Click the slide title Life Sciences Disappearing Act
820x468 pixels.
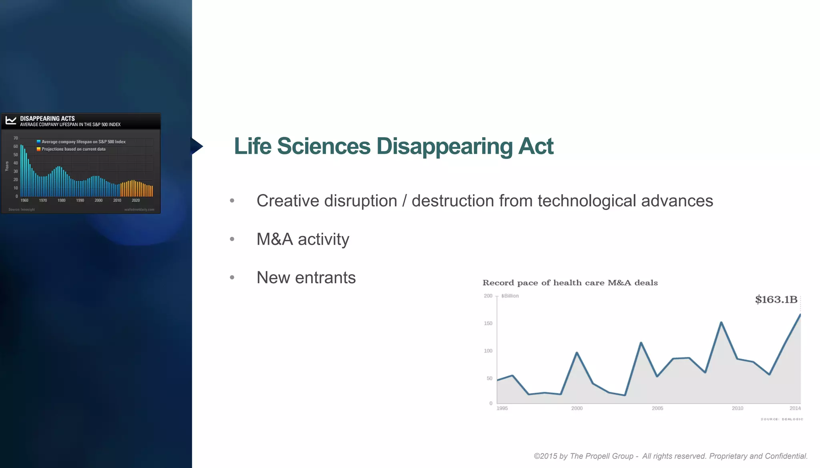(393, 146)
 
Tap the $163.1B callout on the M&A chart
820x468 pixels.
(776, 300)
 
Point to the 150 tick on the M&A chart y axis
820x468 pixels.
(488, 323)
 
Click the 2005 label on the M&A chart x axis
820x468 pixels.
(657, 408)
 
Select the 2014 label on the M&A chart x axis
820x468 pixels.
(795, 408)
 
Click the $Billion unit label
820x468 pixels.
(510, 296)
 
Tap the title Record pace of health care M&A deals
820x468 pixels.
(570, 283)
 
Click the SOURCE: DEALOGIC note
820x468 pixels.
(782, 419)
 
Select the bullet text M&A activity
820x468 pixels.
(303, 239)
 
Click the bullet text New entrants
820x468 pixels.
(306, 278)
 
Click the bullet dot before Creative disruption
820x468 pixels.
(232, 200)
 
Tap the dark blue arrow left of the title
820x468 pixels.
(197, 146)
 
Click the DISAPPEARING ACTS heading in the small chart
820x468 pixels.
(47, 118)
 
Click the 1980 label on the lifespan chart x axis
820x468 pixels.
(61, 200)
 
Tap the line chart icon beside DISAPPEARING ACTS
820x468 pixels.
(11, 120)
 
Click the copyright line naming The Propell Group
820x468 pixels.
(670, 456)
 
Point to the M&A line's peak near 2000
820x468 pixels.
(577, 353)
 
